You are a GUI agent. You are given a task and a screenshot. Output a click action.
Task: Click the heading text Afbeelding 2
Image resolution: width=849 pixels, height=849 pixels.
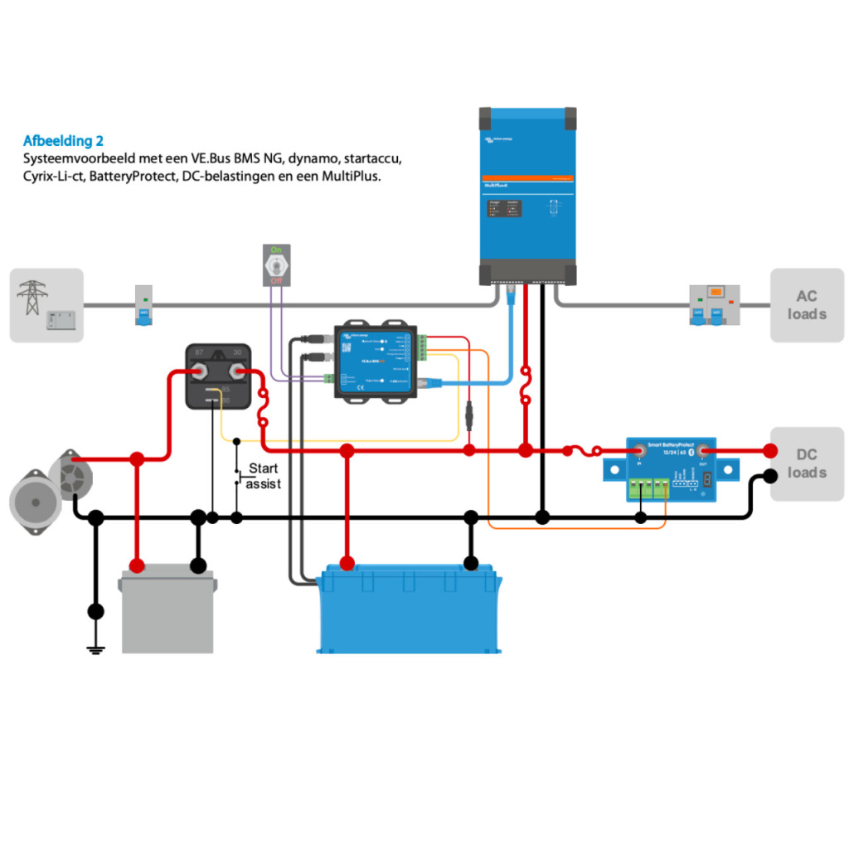point(63,141)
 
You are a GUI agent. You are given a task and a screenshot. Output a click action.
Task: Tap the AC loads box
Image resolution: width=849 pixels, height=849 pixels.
point(807,305)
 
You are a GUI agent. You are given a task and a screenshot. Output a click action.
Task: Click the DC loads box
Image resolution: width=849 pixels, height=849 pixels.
point(807,463)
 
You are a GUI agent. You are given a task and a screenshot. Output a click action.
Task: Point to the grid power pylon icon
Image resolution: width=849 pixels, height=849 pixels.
point(32,296)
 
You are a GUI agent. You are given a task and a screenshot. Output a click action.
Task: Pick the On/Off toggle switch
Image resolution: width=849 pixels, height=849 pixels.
point(277,264)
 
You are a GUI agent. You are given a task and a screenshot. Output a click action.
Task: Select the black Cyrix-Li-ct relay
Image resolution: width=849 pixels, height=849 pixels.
point(219,376)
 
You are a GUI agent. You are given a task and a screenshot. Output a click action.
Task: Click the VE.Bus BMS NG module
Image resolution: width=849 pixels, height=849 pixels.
point(376,361)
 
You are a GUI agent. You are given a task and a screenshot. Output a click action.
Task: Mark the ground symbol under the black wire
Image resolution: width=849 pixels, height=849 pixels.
point(96,649)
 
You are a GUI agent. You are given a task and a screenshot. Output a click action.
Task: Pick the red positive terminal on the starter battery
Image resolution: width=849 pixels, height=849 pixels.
point(137,565)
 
